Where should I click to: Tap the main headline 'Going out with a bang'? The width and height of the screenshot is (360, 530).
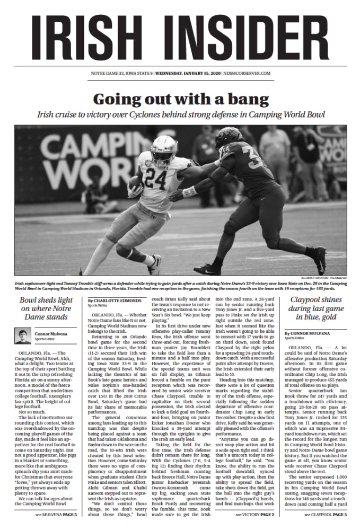tap(180, 99)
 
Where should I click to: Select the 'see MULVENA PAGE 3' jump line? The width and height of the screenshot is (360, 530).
tap(56, 514)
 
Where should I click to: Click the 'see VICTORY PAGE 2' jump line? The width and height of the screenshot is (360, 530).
tap(254, 514)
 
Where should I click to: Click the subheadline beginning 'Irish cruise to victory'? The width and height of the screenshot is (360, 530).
tap(180, 114)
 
